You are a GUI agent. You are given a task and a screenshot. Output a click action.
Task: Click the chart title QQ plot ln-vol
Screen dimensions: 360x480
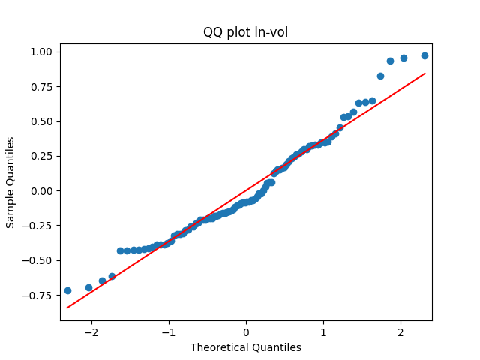245,32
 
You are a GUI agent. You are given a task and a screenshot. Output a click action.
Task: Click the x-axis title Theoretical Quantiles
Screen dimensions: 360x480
245,347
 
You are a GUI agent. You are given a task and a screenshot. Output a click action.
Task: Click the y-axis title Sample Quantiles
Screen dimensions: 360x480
10,182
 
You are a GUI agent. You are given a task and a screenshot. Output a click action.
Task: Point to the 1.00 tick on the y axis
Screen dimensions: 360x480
41,52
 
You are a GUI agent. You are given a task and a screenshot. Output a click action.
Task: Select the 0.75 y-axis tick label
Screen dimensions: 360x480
41,86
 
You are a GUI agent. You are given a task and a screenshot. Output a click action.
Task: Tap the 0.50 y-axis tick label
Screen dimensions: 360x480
41,121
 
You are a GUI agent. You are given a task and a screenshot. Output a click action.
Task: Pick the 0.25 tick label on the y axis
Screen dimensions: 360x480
41,156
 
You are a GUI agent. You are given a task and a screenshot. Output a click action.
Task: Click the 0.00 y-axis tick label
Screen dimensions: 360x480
41,190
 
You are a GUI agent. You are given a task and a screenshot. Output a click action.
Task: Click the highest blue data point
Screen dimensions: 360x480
424,55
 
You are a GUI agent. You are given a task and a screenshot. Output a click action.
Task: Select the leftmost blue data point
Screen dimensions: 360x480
67,290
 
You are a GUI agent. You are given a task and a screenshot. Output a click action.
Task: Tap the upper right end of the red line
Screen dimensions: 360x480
425,73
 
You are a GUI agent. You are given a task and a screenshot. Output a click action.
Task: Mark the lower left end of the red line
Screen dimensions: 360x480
67,307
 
